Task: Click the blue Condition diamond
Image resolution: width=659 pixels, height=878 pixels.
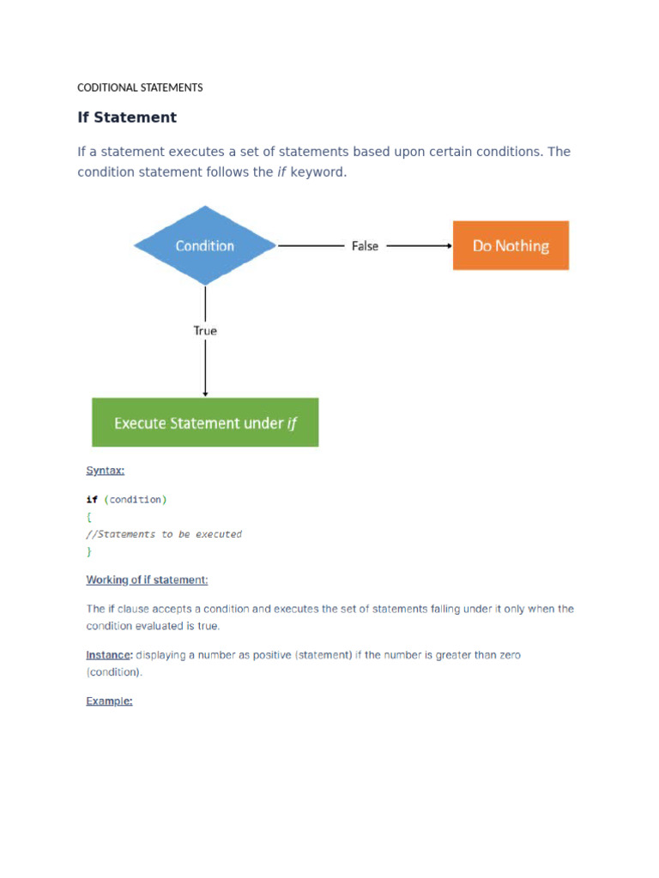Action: click(205, 246)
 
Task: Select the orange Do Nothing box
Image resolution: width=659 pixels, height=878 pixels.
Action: click(511, 246)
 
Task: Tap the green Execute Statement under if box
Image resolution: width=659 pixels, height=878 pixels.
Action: click(205, 422)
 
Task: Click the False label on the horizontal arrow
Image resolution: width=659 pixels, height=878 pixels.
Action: click(365, 246)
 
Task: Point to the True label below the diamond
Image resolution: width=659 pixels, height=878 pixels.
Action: click(205, 330)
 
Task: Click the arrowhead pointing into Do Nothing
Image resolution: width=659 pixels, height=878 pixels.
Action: click(449, 246)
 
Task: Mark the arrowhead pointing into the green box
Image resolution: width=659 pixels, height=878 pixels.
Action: click(205, 394)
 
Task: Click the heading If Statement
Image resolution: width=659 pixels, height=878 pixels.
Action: click(127, 117)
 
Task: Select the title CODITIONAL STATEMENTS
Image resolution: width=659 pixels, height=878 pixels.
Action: click(140, 87)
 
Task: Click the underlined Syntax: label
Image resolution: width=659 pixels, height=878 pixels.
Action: click(106, 470)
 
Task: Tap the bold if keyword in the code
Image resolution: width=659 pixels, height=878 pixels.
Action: click(92, 499)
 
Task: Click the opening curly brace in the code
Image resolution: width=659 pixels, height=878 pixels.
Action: click(88, 517)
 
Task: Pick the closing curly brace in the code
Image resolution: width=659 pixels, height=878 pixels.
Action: click(88, 551)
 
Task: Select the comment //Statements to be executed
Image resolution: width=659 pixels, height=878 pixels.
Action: click(165, 534)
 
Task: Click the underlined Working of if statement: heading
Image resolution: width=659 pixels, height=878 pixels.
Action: click(147, 580)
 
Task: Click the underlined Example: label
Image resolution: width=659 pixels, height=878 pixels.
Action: click(109, 701)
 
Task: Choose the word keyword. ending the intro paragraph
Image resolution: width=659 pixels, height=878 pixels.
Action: click(318, 172)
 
